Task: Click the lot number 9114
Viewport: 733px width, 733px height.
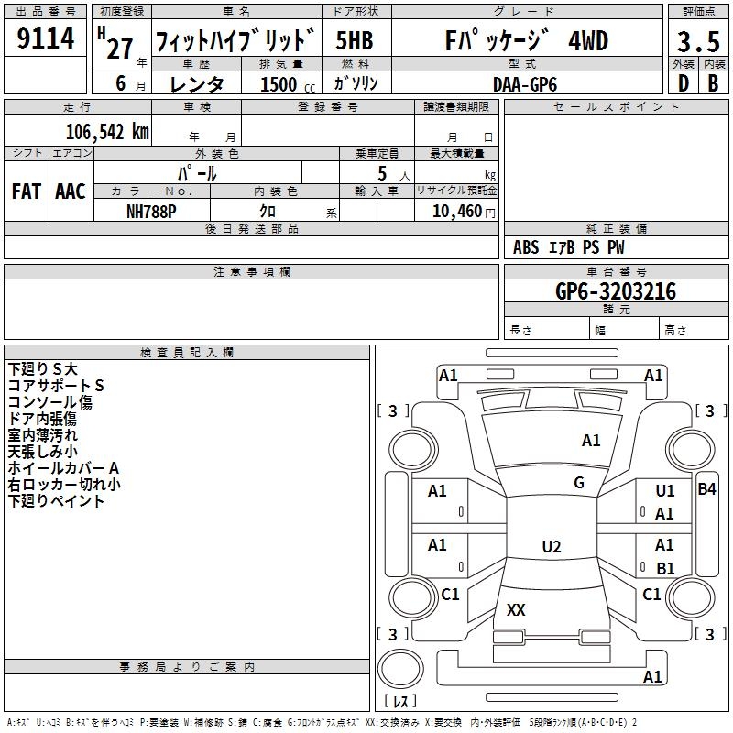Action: [46, 40]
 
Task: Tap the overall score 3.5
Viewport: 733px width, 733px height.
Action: [697, 42]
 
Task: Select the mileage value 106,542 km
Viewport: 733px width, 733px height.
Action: [107, 131]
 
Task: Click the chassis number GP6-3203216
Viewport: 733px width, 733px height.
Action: [616, 291]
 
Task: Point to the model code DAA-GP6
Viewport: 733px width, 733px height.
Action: [523, 83]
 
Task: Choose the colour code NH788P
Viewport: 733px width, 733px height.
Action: [151, 210]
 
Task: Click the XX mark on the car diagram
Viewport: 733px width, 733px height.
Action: [517, 610]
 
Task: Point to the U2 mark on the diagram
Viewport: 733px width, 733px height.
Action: [551, 547]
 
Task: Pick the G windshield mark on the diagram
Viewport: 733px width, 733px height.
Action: [579, 483]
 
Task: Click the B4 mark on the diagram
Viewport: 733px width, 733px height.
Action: [706, 489]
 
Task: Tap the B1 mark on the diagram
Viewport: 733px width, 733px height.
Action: [665, 568]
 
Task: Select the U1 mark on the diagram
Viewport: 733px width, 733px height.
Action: [665, 491]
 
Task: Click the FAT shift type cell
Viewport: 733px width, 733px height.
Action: [26, 191]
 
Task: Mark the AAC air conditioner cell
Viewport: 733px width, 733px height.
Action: [71, 191]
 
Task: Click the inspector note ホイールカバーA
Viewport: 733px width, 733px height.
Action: [63, 468]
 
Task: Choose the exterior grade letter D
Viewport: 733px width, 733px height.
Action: [683, 83]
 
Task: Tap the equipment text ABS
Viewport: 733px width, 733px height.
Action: [526, 247]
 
